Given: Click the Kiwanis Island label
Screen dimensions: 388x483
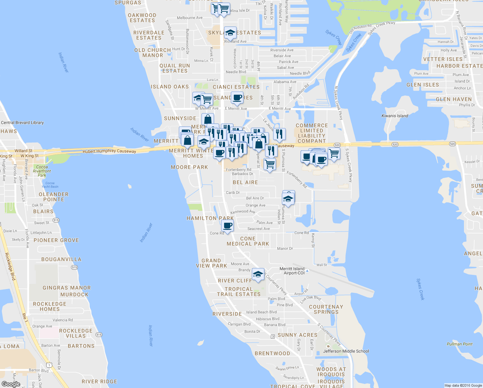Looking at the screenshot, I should (395, 116).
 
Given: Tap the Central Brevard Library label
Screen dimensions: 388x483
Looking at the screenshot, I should (22, 123).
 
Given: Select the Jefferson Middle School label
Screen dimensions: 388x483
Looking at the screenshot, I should (346, 351).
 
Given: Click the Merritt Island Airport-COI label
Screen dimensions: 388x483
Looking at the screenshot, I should (292, 271).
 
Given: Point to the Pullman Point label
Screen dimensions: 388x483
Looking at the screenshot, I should (459, 344).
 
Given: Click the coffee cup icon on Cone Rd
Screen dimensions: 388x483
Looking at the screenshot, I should (228, 225).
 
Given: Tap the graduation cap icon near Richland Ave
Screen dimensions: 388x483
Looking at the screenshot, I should (230, 33).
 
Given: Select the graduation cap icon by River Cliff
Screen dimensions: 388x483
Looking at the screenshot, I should (258, 275).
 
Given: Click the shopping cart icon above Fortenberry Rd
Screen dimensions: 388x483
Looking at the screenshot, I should (270, 164).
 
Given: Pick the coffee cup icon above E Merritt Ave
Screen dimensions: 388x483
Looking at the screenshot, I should (237, 97).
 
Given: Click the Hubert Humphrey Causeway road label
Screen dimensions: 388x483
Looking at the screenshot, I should (109, 151).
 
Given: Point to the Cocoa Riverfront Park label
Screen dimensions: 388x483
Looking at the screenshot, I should (42, 171).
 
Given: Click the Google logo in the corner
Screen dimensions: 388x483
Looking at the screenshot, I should (11, 384).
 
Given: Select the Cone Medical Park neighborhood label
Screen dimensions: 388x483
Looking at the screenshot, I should (248, 241).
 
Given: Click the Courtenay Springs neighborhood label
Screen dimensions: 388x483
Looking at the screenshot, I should (326, 309).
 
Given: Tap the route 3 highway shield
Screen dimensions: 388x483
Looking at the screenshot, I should (273, 337).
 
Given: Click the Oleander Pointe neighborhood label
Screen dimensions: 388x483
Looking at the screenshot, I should (54, 197).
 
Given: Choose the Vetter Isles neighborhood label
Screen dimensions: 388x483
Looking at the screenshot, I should (443, 59).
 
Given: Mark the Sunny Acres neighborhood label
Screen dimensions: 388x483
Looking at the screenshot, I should (297, 335).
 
